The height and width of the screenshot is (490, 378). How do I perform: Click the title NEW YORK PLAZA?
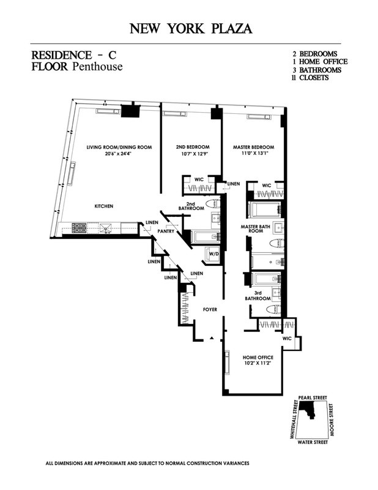point(190,28)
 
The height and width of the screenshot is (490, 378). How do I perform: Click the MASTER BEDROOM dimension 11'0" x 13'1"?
point(253,155)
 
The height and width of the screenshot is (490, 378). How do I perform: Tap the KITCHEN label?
point(103,206)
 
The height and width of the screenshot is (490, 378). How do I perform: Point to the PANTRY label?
point(166,232)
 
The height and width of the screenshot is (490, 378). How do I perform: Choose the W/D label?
point(215,252)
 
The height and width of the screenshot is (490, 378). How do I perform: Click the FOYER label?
point(210,310)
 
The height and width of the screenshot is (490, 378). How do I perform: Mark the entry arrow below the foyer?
point(212,337)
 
